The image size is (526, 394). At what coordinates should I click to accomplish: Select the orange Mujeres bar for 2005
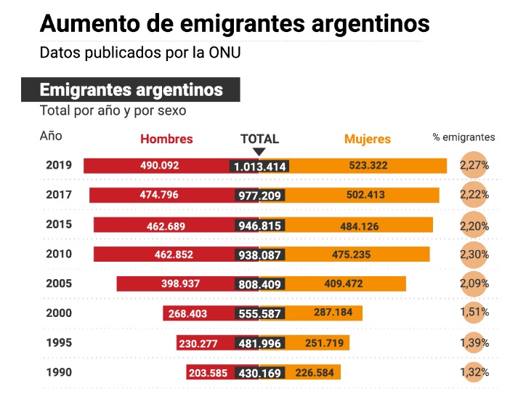343,284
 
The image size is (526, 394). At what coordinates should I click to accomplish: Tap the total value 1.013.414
259,166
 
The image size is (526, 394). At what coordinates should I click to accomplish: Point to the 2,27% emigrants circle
474,165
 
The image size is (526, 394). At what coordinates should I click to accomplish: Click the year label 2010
58,254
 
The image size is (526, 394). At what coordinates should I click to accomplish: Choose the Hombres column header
166,139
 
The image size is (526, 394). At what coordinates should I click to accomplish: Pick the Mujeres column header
367,139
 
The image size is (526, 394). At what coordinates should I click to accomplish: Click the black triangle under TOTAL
259,152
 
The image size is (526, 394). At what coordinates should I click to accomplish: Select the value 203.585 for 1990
209,373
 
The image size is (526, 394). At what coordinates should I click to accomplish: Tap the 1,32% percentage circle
474,372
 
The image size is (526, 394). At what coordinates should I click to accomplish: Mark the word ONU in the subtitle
224,53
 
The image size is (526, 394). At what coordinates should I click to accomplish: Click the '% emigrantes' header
464,137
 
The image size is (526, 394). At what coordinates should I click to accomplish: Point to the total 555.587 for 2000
259,313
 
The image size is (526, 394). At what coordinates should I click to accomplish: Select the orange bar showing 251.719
320,343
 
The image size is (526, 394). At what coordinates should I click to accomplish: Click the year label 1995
58,342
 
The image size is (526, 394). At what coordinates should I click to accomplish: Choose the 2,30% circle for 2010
474,254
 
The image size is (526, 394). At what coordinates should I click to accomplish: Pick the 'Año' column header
51,136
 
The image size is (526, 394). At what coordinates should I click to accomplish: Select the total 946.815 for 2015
259,225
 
